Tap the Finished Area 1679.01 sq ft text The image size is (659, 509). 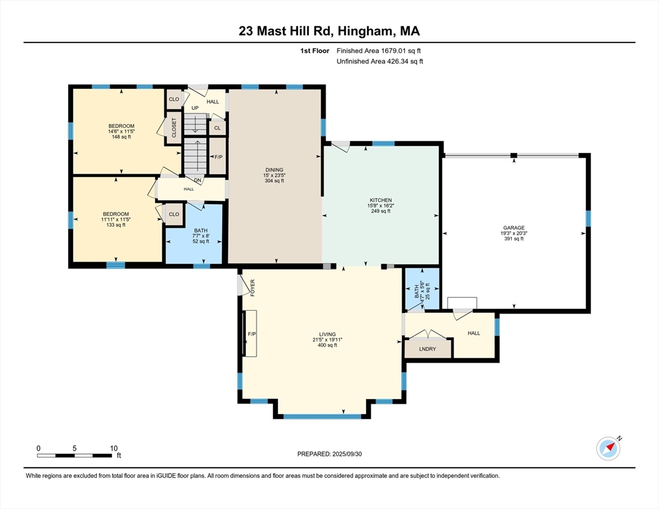(379, 50)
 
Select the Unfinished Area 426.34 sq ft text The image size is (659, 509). (379, 62)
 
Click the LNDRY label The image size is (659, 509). (428, 348)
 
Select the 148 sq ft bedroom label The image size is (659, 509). (121, 131)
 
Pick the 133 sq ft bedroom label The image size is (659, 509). (116, 219)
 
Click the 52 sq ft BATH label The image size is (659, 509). (200, 235)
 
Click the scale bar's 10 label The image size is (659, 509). (113, 448)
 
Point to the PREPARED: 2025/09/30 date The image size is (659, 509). (329, 454)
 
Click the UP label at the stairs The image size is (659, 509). (195, 108)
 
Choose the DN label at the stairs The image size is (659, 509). (198, 180)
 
